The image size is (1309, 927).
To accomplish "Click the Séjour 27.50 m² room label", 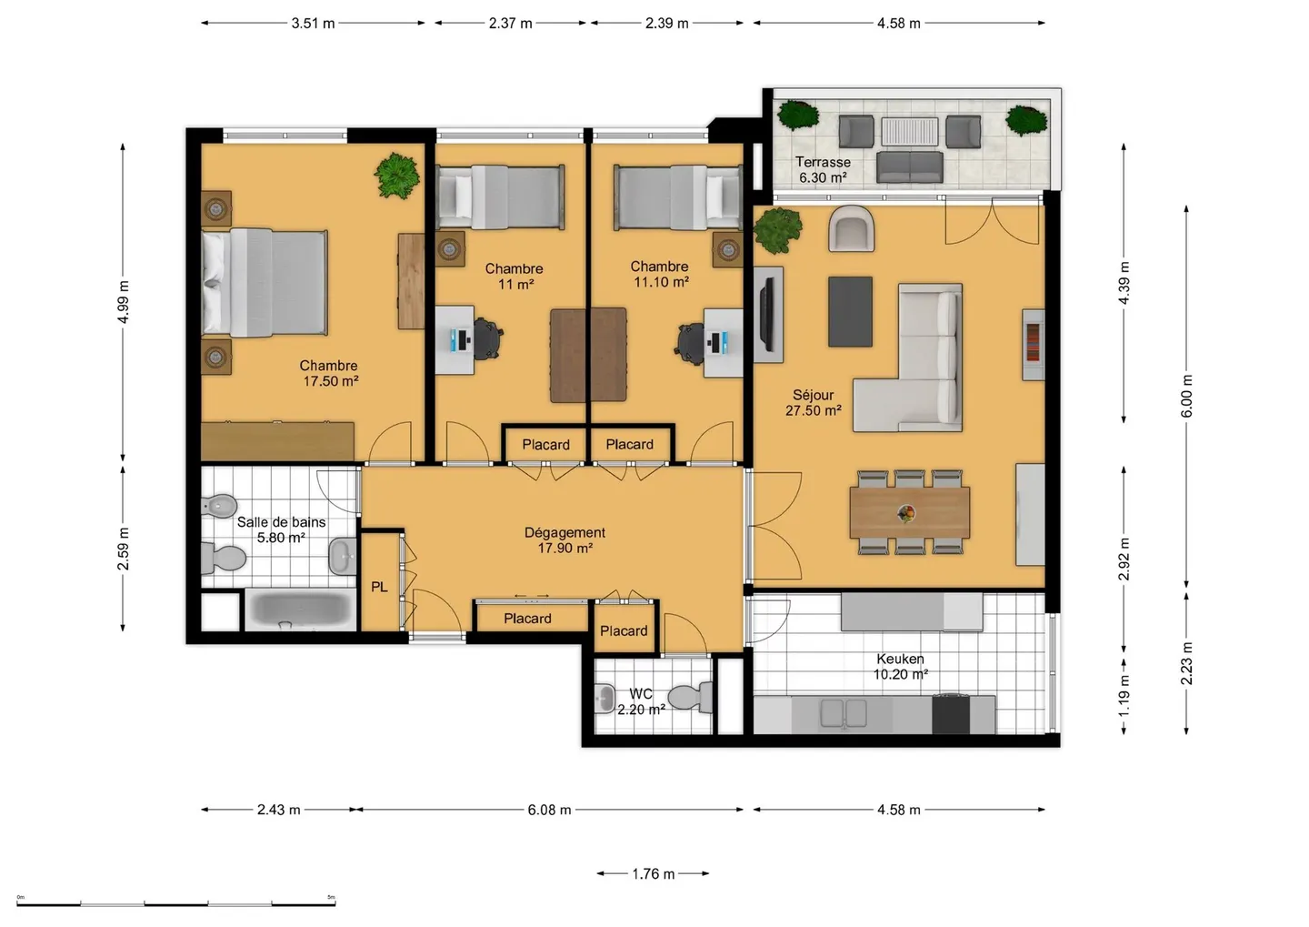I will (813, 403).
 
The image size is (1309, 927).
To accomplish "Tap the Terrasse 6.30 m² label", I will (823, 170).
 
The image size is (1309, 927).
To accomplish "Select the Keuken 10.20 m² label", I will (900, 666).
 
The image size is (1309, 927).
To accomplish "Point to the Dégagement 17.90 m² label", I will (565, 540).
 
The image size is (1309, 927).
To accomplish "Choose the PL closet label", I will (379, 588).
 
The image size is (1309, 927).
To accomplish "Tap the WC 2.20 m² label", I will (641, 701).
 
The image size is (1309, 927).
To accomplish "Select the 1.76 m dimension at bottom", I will (653, 874).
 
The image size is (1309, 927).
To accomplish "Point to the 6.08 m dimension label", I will (549, 810).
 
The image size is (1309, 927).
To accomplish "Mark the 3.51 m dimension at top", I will (313, 24).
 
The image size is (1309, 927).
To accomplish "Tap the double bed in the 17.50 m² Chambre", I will (264, 282).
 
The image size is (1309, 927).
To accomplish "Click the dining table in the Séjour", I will (909, 513).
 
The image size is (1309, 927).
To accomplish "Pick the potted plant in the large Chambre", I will (397, 176).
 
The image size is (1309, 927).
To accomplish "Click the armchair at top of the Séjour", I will (852, 229).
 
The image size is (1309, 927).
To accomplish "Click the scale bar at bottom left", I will (176, 902).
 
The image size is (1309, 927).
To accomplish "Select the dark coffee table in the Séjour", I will (850, 311).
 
